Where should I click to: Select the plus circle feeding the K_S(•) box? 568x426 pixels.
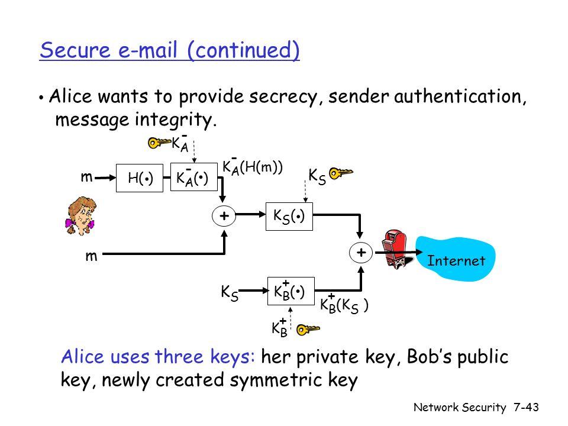click(224, 216)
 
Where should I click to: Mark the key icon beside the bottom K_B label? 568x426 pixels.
click(309, 329)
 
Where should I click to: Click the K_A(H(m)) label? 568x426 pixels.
click(253, 167)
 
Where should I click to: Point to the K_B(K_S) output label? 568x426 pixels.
click(346, 306)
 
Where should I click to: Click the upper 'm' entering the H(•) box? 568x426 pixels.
click(88, 177)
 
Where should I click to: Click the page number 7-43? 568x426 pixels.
click(528, 408)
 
